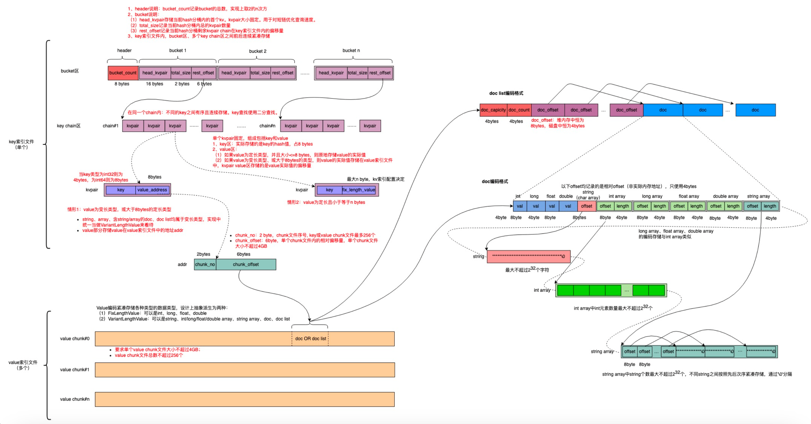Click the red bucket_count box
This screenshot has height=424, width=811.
click(x=123, y=73)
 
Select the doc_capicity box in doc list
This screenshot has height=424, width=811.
click(x=493, y=110)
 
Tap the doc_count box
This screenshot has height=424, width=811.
click(x=519, y=110)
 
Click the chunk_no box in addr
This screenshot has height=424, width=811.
click(x=205, y=264)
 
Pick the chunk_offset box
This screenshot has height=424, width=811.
click(x=246, y=264)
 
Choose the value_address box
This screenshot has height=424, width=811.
click(x=152, y=190)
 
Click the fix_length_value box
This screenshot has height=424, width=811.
click(x=359, y=190)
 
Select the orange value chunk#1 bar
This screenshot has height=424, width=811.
click(x=245, y=370)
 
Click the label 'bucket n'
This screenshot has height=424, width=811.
click(x=351, y=50)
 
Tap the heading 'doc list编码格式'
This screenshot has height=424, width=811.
click(x=506, y=93)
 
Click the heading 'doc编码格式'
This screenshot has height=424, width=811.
click(x=495, y=181)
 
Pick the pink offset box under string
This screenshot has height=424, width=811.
click(x=586, y=206)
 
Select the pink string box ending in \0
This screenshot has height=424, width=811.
click(x=529, y=256)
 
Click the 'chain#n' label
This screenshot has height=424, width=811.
click(x=267, y=126)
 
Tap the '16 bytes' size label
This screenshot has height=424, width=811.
click(x=155, y=84)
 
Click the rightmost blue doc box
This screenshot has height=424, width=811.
click(x=755, y=110)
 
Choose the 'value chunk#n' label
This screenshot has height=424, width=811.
click(x=75, y=399)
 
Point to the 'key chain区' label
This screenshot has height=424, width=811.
click(x=69, y=126)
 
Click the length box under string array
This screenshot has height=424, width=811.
click(x=770, y=206)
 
